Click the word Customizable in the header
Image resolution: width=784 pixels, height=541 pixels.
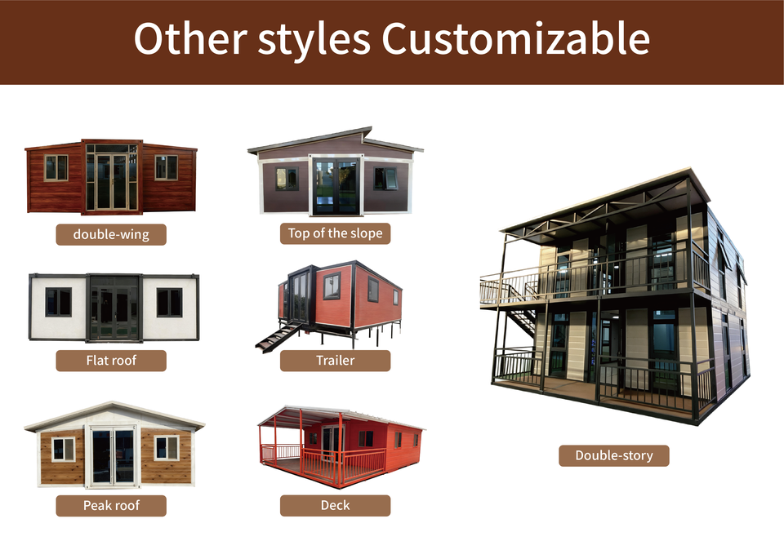click(515, 38)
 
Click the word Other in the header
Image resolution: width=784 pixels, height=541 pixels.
click(190, 38)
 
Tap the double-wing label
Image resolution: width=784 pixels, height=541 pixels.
click(111, 234)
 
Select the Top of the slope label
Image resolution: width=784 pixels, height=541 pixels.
click(335, 233)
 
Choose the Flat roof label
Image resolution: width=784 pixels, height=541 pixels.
click(111, 360)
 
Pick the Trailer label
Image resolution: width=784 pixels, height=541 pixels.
click(335, 360)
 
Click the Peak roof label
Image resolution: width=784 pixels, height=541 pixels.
click(111, 506)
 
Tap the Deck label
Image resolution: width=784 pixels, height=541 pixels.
click(335, 506)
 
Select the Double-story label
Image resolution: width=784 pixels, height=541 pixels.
click(613, 455)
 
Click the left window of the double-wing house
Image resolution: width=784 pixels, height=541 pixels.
click(56, 168)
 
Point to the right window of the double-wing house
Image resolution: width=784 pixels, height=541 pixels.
click(166, 168)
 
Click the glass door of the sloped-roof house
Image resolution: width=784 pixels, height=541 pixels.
click(336, 186)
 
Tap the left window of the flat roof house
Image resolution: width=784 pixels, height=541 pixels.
click(59, 302)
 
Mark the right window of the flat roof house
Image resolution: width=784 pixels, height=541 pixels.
click(170, 302)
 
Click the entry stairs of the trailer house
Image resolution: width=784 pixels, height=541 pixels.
click(278, 338)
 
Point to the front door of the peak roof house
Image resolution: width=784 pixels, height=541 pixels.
click(113, 456)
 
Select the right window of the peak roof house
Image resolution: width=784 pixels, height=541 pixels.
click(166, 448)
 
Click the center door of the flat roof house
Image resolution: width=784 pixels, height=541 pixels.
click(114, 308)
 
